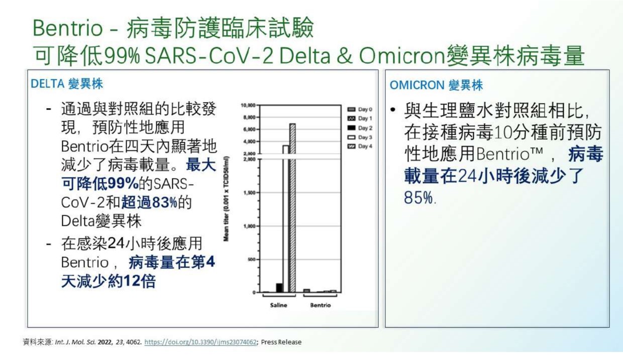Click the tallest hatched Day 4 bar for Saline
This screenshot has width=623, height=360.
click(x=292, y=208)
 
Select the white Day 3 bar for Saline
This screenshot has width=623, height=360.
click(x=286, y=219)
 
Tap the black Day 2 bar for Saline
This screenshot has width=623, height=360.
click(x=279, y=288)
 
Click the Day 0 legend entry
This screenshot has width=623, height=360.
click(x=360, y=110)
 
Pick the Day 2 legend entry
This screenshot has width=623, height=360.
click(x=360, y=128)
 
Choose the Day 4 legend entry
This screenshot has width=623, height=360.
click(x=360, y=146)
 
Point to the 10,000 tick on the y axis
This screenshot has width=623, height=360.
click(x=248, y=105)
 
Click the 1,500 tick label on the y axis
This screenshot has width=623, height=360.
click(x=250, y=193)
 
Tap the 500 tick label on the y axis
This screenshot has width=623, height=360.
click(x=252, y=259)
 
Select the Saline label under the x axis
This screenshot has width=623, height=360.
click(x=278, y=305)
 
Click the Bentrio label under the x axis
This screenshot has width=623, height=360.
click(x=321, y=305)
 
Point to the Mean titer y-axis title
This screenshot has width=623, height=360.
click(x=227, y=199)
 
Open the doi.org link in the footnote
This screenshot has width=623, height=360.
click(x=200, y=342)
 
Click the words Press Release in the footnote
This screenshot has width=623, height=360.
click(x=281, y=342)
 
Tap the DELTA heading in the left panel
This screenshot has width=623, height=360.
click(x=48, y=84)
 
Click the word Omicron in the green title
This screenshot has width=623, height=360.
click(x=402, y=55)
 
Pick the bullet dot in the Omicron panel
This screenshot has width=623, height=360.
click(x=393, y=110)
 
